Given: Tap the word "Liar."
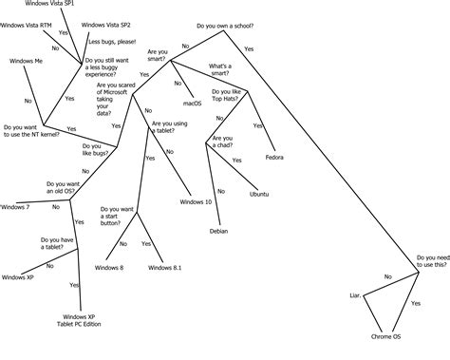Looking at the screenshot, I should pos(357,296).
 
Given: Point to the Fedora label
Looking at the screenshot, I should pos(275,156).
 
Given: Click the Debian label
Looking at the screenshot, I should pos(218,230).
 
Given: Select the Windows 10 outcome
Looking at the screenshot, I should pos(196,201).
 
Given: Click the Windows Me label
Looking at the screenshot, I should pos(27,60).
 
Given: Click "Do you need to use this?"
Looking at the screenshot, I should pos(431,261).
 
